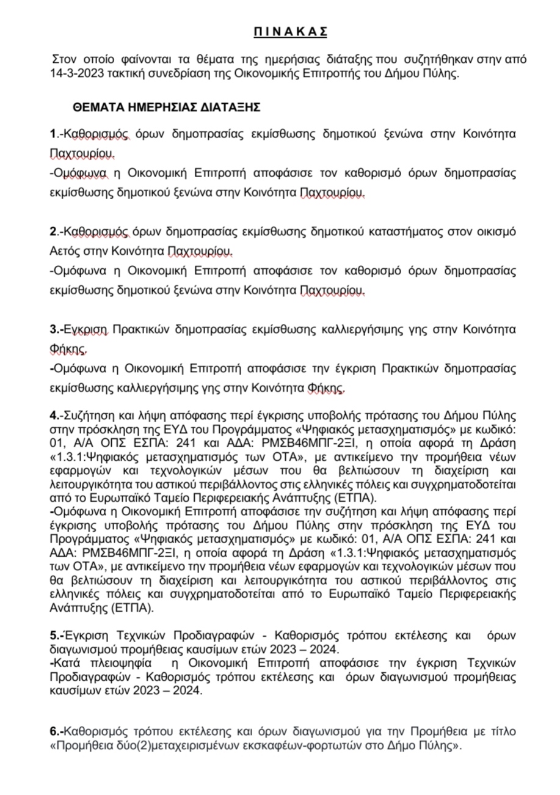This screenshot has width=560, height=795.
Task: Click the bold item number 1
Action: tap(53, 133)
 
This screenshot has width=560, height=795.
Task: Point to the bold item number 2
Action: tap(53, 232)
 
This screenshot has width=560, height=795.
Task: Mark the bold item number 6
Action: tap(54, 730)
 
